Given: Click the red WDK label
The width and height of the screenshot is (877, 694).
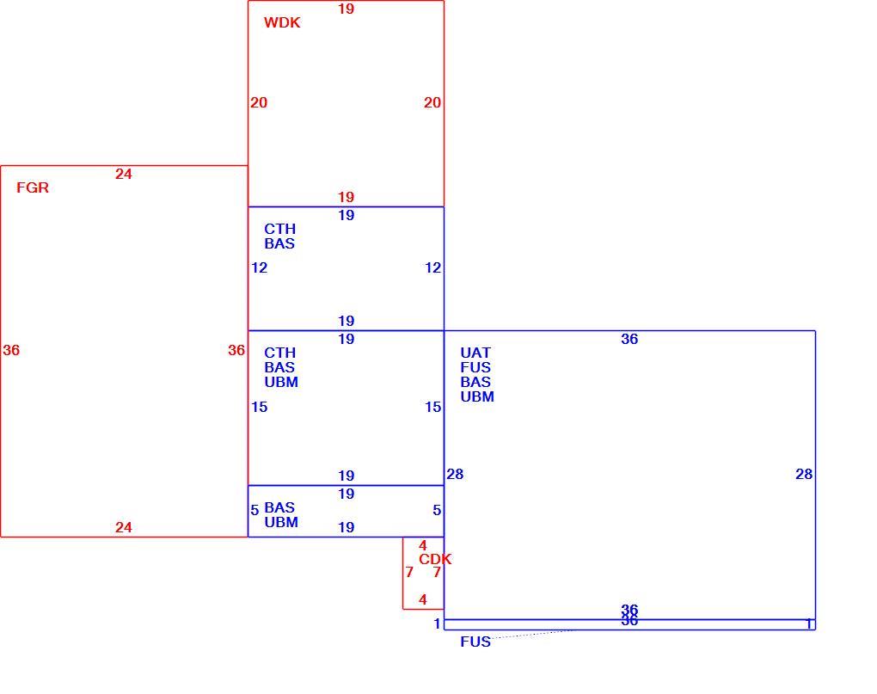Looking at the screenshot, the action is pos(282,22).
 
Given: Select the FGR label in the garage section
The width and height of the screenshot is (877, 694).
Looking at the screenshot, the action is pos(33,187).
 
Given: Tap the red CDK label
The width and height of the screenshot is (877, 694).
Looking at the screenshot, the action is pos(435,559).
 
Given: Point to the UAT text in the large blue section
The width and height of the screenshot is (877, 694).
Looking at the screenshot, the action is pos(475,353).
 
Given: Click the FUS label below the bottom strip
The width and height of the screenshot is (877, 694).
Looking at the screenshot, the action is pos(475,642).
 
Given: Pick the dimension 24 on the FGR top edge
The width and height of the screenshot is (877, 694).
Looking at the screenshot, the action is pos(124,174).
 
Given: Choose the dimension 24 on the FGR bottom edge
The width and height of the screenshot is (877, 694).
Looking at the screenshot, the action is pos(124,527).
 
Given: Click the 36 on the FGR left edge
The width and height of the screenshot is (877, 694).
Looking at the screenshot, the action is pos(11,350).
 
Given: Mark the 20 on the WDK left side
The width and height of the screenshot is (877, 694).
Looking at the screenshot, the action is pos(259,102).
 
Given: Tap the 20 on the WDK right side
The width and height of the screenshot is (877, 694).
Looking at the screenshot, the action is pos(432,102).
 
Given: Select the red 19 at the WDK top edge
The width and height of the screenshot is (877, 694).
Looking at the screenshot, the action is pos(347,9).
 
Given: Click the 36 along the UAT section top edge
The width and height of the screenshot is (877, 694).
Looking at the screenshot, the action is pos(629,339).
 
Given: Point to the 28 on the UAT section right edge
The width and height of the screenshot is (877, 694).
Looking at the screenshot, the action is pos(804,474).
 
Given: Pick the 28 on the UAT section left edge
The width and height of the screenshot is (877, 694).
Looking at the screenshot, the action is pos(455,474).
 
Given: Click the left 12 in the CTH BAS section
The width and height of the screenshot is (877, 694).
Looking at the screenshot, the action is pos(259,267).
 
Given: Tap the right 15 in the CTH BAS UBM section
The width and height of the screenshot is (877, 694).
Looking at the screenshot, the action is pos(432,407).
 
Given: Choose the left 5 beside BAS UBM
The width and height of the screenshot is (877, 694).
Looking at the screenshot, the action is pos(255,510).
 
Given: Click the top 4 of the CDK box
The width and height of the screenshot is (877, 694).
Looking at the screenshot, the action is pos(423,545).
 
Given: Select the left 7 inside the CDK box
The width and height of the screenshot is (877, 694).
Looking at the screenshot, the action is pos(409,572).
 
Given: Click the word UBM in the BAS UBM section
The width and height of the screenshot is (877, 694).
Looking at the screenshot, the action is pos(281,522).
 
